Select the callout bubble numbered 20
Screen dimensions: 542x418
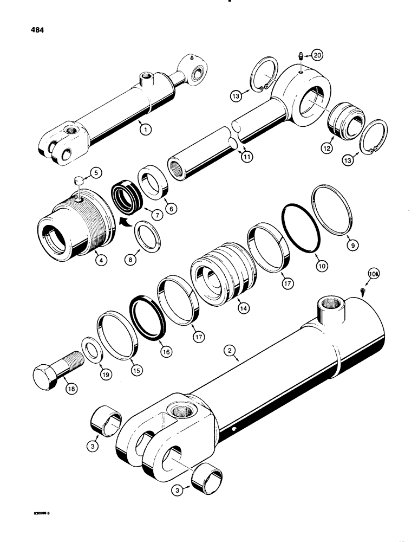point(317,55)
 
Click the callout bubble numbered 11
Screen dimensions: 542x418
point(244,157)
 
